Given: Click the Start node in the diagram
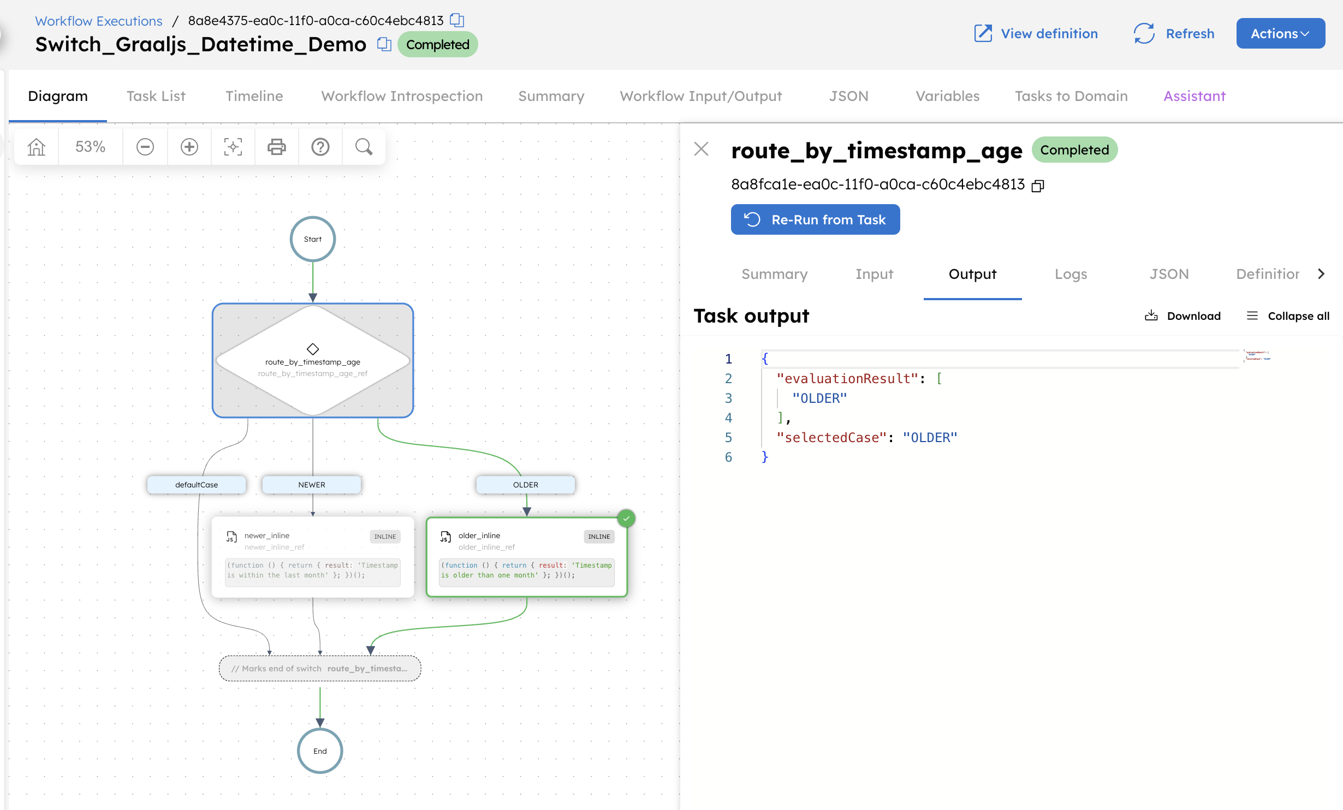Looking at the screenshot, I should coord(312,239).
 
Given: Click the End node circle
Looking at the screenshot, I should coord(320,751).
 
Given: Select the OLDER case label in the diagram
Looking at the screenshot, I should coord(525,485).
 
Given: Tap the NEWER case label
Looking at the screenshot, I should coord(311,485).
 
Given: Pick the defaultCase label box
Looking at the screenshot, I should coord(196,485).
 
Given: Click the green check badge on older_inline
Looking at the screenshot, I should coord(626,518).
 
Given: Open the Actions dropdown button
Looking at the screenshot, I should coord(1280,34).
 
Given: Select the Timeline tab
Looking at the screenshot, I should coord(254,96).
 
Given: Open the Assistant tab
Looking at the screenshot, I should coord(1194,96).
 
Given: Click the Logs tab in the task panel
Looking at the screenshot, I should coord(1071,274).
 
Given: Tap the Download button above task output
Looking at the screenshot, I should coord(1182,316).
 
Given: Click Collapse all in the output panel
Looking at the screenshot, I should coord(1288,316).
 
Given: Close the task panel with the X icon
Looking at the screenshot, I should coord(701,149).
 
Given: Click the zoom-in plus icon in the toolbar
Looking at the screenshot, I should coord(189,147).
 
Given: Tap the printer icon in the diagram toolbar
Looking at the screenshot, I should coord(276,147).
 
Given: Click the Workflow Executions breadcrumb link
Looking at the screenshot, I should coord(99,21).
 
